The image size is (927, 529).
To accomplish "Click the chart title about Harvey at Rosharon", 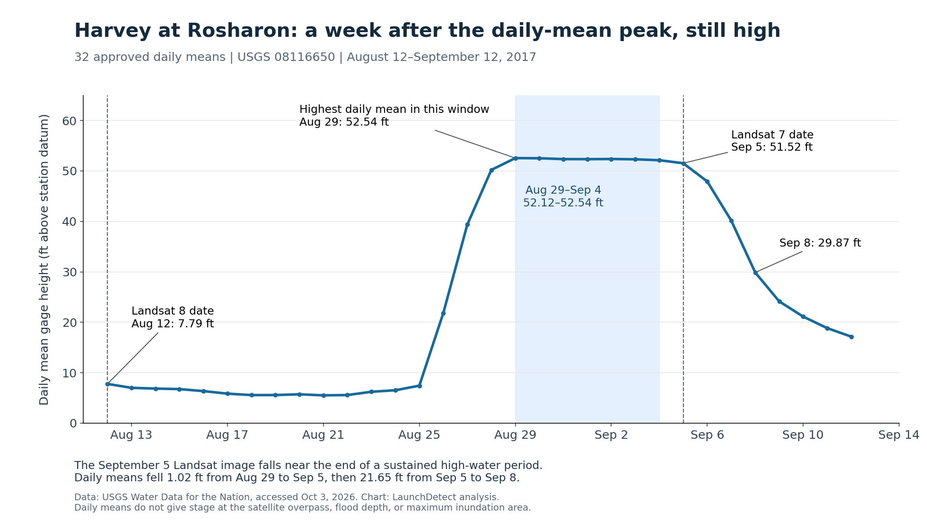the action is tap(427, 31).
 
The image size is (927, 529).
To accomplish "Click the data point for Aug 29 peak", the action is tap(516, 158).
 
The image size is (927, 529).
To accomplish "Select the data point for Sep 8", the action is tap(755, 273).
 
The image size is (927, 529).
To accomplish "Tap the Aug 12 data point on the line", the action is tap(107, 384).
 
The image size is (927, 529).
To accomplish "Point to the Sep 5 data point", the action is tap(683, 163).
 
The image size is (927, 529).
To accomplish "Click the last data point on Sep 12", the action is tap(851, 337).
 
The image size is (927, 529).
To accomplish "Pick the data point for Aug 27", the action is tap(467, 224).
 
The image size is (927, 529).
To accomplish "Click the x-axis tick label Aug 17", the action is tap(227, 435).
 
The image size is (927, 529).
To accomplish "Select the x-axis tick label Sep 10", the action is tap(803, 435).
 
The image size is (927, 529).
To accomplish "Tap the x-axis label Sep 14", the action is tap(899, 435).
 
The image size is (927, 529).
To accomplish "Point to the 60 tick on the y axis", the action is tap(69, 121).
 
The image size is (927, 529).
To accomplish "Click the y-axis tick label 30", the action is tap(69, 273).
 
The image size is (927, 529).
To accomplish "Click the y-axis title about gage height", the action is tap(44, 259).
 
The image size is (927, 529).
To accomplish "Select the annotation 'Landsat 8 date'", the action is tap(173, 311).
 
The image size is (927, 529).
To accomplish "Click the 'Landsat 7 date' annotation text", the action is tap(772, 135).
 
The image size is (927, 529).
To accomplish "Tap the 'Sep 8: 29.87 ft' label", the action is tap(820, 243).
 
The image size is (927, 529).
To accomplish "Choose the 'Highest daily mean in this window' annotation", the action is tap(394, 110).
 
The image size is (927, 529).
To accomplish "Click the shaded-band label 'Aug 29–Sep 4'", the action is tap(563, 190).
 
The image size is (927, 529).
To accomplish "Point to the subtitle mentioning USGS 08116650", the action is tap(305, 58).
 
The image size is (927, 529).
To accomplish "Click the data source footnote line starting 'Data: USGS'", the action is tap(287, 497).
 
